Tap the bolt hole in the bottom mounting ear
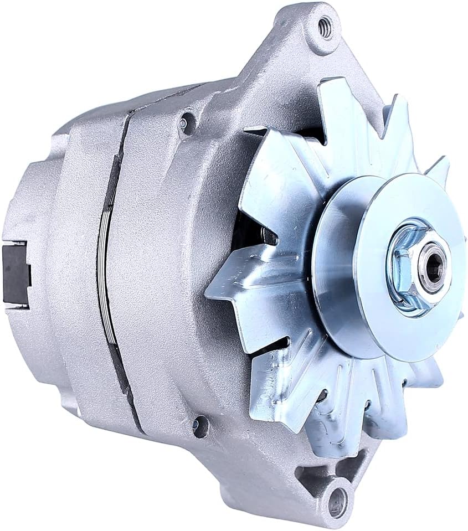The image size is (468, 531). [336, 502]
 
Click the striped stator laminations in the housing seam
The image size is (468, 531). [106, 277]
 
